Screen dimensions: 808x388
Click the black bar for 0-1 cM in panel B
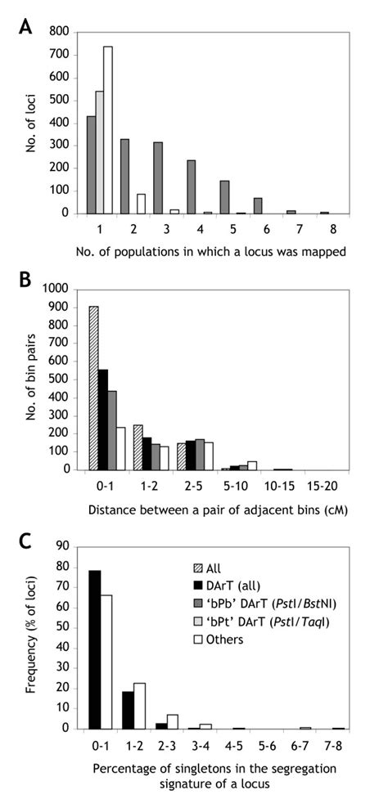103,420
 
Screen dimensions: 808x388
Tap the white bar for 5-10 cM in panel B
251,465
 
